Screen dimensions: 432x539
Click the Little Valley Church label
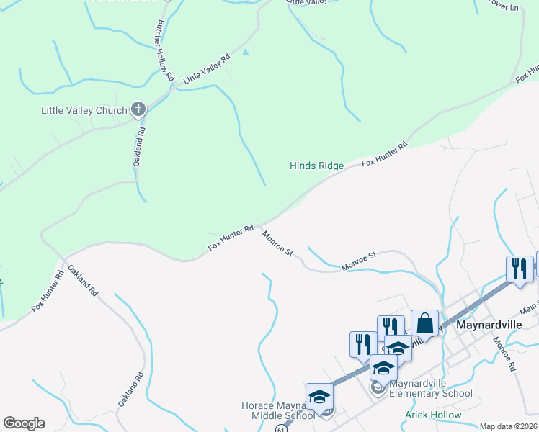pos(84,110)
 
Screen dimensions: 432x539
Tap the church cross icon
pos(139,109)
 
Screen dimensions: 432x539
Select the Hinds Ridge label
pos(316,166)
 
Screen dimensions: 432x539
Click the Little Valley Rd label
pos(206,70)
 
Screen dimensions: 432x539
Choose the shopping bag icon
pos(425,323)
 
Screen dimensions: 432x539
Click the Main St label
pos(529,307)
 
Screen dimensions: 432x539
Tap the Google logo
pos(24,423)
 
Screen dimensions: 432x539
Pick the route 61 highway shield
pos(280,428)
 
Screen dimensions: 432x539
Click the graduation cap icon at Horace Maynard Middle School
pos(319,396)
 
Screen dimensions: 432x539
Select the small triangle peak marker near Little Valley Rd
pos(246,52)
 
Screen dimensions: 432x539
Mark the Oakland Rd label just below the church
pos(140,147)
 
